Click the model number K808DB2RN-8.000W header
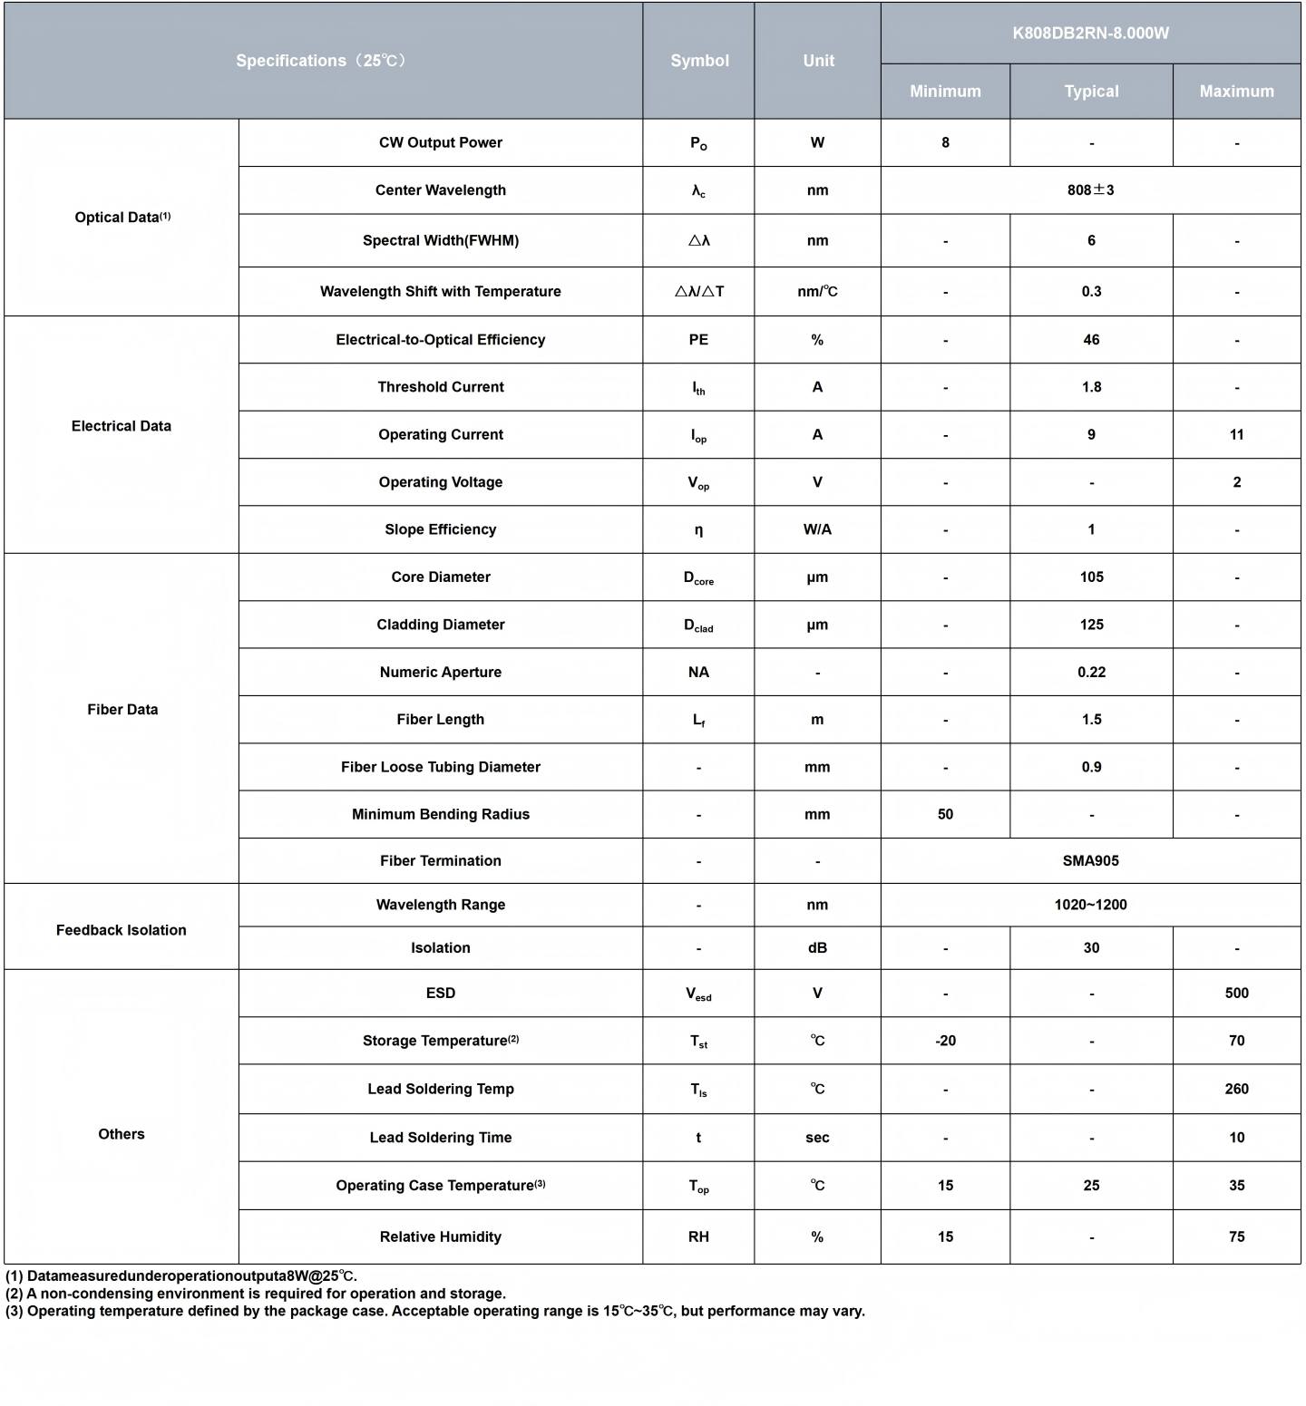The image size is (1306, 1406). click(x=1090, y=34)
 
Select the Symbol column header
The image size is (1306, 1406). click(x=699, y=61)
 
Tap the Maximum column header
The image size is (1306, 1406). click(x=1236, y=92)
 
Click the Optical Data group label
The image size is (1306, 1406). click(x=122, y=218)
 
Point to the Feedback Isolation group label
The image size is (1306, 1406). click(x=122, y=930)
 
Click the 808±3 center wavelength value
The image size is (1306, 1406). click(x=1090, y=190)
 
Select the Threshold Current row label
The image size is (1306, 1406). click(x=441, y=387)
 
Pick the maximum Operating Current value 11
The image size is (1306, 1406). click(x=1236, y=435)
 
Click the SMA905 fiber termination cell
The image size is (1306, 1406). click(x=1090, y=861)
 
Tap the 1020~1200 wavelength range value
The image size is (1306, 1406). click(x=1090, y=905)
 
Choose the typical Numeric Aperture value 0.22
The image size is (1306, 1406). click(x=1091, y=673)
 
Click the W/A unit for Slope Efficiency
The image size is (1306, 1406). click(x=817, y=529)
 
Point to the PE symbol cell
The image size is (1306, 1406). click(x=698, y=340)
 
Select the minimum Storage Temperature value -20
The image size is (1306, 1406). click(x=945, y=1041)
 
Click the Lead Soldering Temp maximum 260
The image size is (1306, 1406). click(x=1236, y=1089)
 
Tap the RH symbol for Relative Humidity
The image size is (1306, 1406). click(x=698, y=1236)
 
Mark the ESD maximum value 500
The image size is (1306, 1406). click(x=1236, y=994)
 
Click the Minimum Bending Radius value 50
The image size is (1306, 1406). click(x=945, y=814)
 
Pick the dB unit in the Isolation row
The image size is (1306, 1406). click(x=817, y=948)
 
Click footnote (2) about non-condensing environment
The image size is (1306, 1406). click(x=256, y=1294)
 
